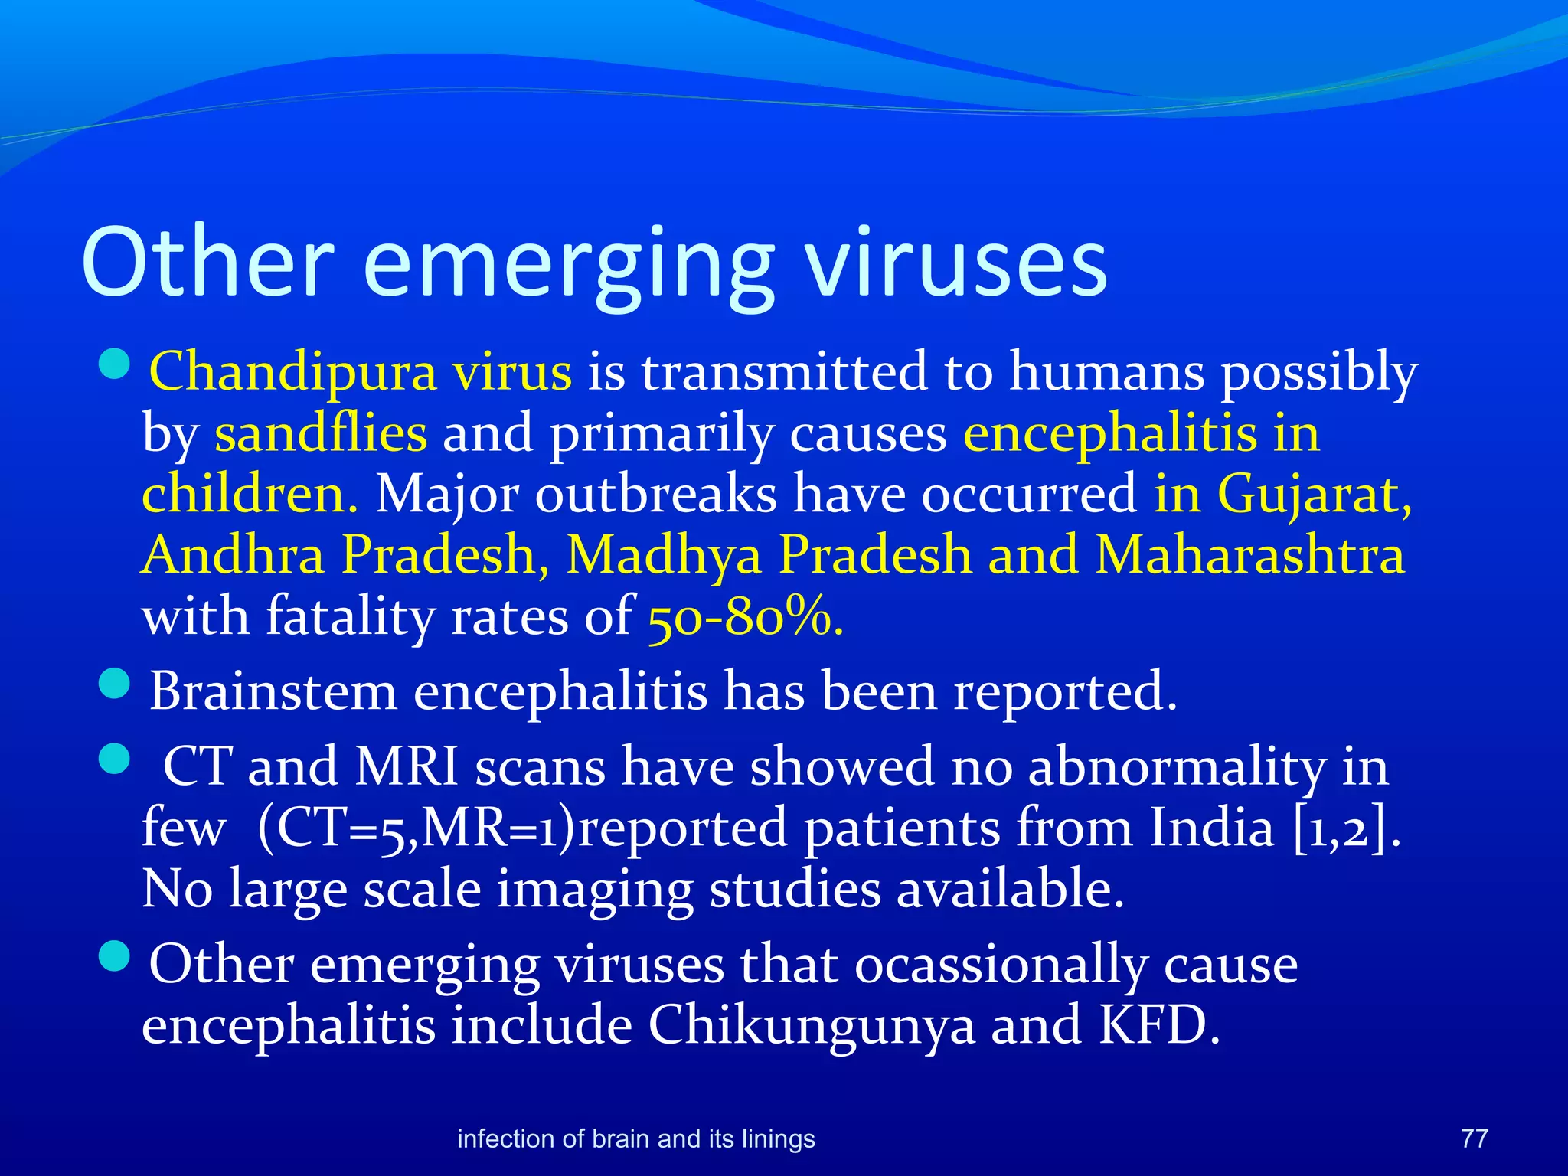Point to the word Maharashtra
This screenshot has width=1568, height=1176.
[x=1249, y=555]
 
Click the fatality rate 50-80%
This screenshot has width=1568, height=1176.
[x=745, y=617]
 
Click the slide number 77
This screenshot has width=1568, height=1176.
[x=1474, y=1138]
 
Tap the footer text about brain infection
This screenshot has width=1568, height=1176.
[x=635, y=1139]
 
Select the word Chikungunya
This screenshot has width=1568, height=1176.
[x=812, y=1025]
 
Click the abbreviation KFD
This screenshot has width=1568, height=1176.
[x=1159, y=1025]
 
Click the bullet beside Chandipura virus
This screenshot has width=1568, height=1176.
[x=116, y=364]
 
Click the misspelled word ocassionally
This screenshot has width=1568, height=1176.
[x=1000, y=965]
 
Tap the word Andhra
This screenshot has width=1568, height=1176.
[x=234, y=555]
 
